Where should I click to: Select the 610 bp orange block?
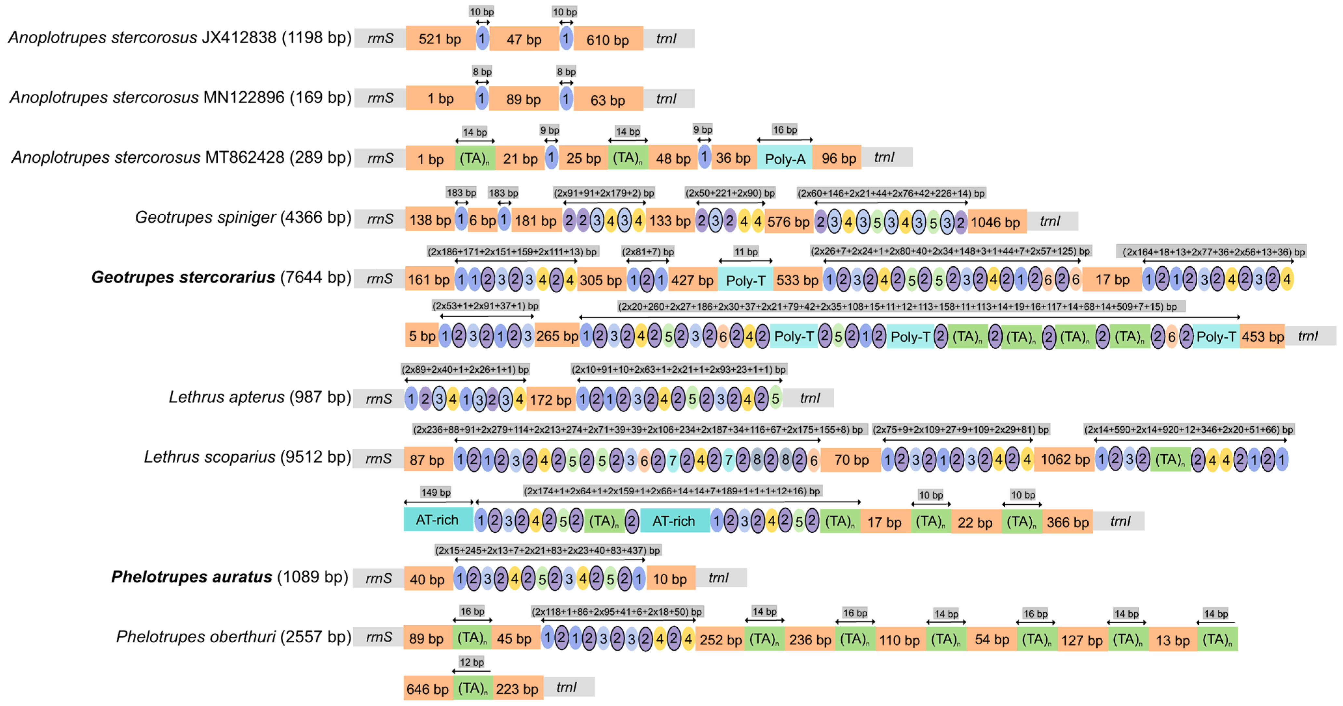click(x=608, y=40)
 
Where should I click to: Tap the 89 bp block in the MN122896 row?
click(x=523, y=99)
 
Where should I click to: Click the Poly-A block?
click(x=785, y=158)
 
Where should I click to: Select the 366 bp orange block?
click(x=1067, y=522)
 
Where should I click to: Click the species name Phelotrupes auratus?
click(x=191, y=577)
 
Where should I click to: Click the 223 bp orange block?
click(x=517, y=689)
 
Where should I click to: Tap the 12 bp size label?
click(x=471, y=662)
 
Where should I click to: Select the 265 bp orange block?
click(x=557, y=336)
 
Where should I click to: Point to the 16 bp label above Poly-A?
click(x=785, y=130)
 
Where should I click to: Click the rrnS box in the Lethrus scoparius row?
click(x=378, y=459)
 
